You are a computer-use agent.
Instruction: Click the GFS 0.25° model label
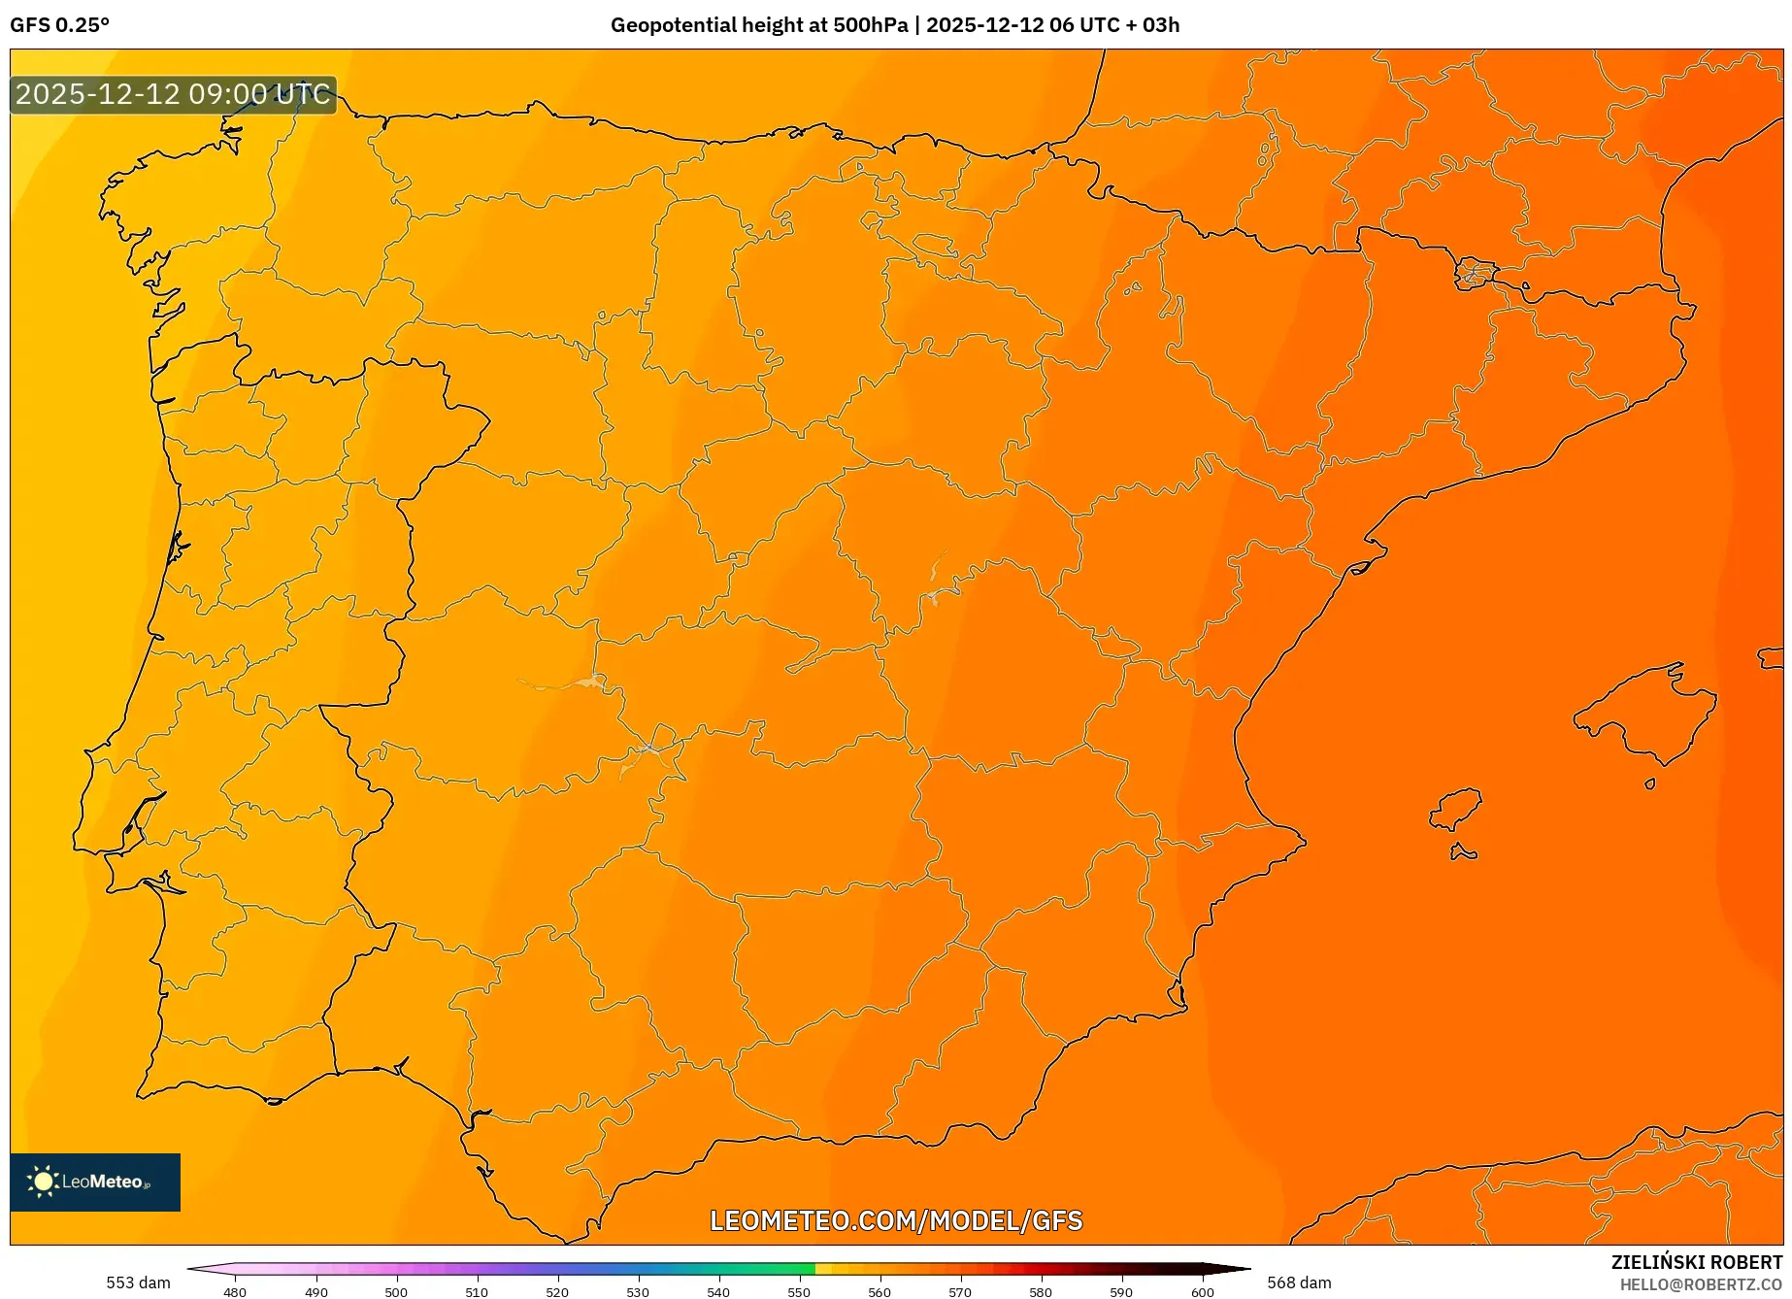tap(60, 25)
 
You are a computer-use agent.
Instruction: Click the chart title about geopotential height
tap(894, 25)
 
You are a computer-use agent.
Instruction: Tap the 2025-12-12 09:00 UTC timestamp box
tap(174, 95)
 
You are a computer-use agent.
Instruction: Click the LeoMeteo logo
tap(95, 1182)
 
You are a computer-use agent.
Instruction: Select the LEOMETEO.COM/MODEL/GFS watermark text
tap(895, 1220)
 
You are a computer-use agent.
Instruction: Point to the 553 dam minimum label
tap(138, 1282)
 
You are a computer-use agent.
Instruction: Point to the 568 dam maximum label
tap(1299, 1282)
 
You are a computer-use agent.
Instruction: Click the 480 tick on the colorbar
tap(235, 1291)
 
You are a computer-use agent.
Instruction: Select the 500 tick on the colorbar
tap(396, 1291)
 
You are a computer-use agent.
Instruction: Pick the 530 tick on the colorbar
tap(638, 1291)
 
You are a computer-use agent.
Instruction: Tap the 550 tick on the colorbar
tap(799, 1291)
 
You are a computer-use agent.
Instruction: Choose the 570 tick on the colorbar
tap(960, 1291)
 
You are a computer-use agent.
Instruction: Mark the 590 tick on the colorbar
tap(1121, 1291)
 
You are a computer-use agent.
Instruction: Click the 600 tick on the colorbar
tap(1202, 1291)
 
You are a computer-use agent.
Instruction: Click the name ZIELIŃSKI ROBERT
tap(1697, 1263)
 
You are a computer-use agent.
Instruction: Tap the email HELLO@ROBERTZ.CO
tap(1701, 1284)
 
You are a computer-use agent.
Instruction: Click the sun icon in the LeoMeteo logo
tap(43, 1182)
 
